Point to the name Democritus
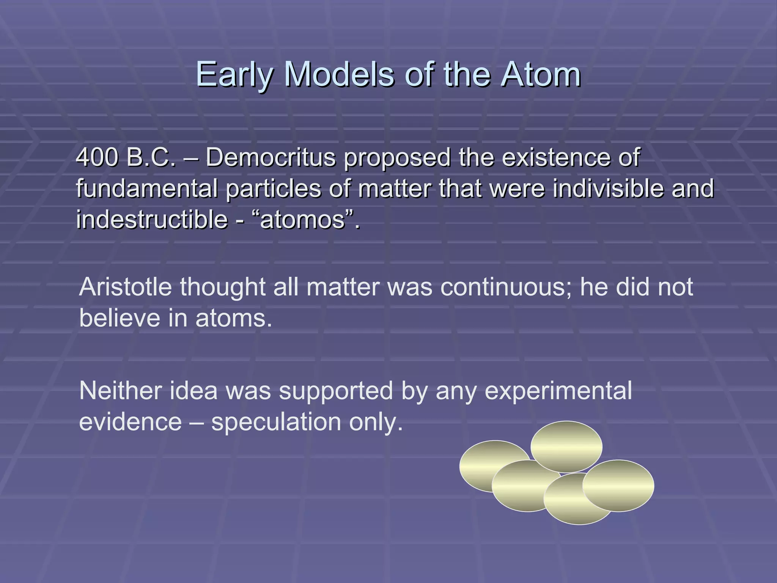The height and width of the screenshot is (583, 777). coord(271,157)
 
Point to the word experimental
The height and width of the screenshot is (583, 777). coord(558,391)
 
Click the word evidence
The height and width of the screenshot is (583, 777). coord(130,422)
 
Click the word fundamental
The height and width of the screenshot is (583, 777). coord(147,188)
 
